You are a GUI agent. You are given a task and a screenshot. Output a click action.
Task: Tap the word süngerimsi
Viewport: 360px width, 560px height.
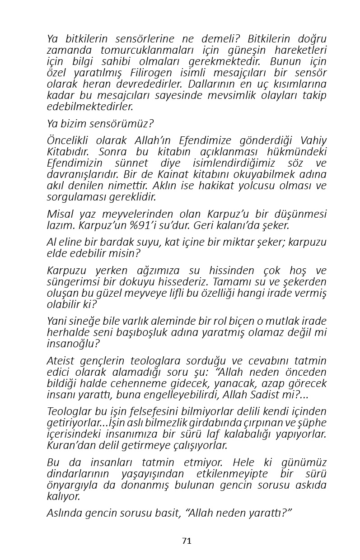click(72, 282)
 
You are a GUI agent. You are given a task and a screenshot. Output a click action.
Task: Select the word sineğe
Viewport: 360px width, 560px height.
click(83, 322)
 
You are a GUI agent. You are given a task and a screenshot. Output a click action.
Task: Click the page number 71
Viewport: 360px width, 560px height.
click(187, 541)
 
